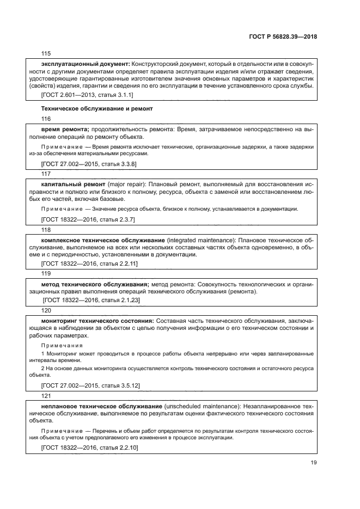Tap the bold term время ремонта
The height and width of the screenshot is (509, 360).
(x=65, y=129)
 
